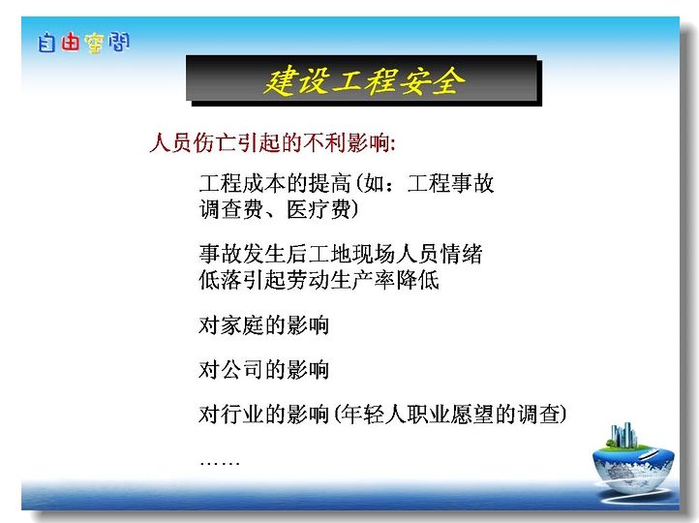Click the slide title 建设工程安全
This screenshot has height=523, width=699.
point(364,80)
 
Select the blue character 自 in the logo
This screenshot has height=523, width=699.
point(46,43)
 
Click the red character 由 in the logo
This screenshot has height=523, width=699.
point(70,42)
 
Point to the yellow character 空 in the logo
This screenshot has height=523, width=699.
point(94,44)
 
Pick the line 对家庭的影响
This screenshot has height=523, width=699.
point(264,325)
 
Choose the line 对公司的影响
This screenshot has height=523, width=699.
point(264,370)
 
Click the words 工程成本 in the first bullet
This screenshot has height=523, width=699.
point(242,183)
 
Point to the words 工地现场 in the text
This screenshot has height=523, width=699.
point(351,254)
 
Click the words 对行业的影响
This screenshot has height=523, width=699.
point(264,415)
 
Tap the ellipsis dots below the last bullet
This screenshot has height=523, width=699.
point(220,463)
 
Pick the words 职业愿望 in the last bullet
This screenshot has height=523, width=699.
point(449,415)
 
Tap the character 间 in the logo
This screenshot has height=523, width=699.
point(118,42)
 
